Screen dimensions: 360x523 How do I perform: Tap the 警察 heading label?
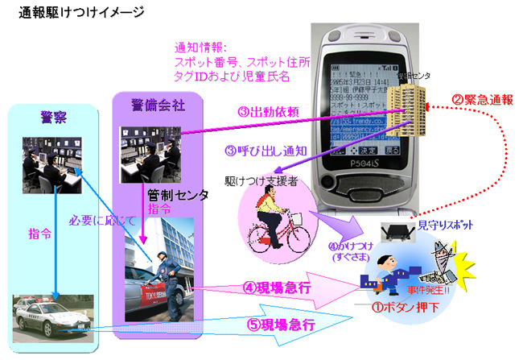coord(55,117)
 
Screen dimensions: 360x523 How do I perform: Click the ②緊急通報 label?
coord(482,101)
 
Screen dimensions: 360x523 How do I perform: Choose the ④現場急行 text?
coord(277,285)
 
